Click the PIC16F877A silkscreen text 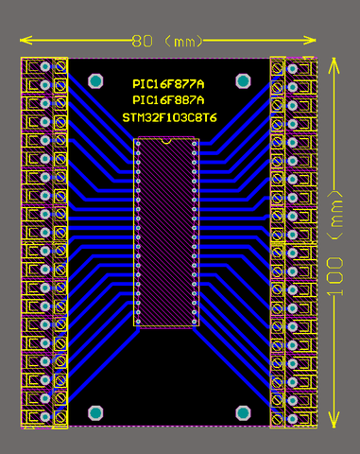(168, 84)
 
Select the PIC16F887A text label (168, 100)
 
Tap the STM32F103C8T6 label (169, 117)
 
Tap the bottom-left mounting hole (94, 412)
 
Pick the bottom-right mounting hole (241, 412)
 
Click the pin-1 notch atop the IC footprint (167, 140)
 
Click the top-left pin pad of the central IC (139, 145)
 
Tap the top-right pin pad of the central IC (197, 145)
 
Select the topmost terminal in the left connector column (44, 67)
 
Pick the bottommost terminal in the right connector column (293, 418)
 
